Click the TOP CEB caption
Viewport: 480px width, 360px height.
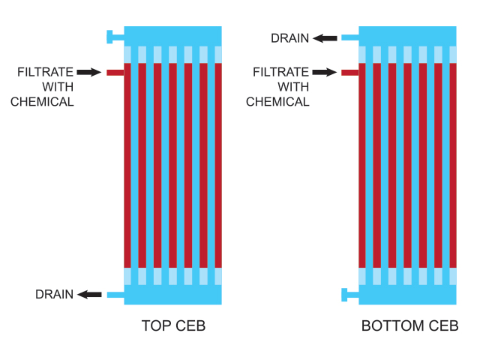click(x=173, y=325)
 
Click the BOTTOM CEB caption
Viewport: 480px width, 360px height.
click(x=410, y=325)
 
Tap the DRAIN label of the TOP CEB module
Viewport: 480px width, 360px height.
click(x=55, y=294)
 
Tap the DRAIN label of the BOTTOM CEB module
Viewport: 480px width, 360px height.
click(x=290, y=38)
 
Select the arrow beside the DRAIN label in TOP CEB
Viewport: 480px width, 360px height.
click(x=89, y=295)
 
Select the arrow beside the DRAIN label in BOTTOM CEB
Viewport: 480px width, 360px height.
click(x=325, y=38)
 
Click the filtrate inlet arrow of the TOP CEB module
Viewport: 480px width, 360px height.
click(x=89, y=72)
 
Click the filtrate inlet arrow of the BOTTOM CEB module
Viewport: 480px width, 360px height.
click(x=325, y=72)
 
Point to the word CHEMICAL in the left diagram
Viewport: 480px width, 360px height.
click(x=42, y=102)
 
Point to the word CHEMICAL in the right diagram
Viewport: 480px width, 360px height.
click(x=277, y=102)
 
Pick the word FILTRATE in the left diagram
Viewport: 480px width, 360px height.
click(x=45, y=72)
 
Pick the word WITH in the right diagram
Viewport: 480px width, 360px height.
click(x=293, y=87)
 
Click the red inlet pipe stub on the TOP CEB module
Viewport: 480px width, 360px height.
click(x=115, y=73)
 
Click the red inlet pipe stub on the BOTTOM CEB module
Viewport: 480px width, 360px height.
click(x=350, y=73)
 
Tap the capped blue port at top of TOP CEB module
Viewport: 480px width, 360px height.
click(x=115, y=37)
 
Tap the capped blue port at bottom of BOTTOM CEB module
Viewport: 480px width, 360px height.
click(x=350, y=295)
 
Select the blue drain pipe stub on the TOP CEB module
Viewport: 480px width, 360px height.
click(x=115, y=295)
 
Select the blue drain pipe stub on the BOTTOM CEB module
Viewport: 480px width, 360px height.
click(x=350, y=37)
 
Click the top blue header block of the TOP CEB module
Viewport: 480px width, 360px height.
click(x=172, y=37)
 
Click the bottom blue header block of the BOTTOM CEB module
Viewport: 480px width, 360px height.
click(x=407, y=295)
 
